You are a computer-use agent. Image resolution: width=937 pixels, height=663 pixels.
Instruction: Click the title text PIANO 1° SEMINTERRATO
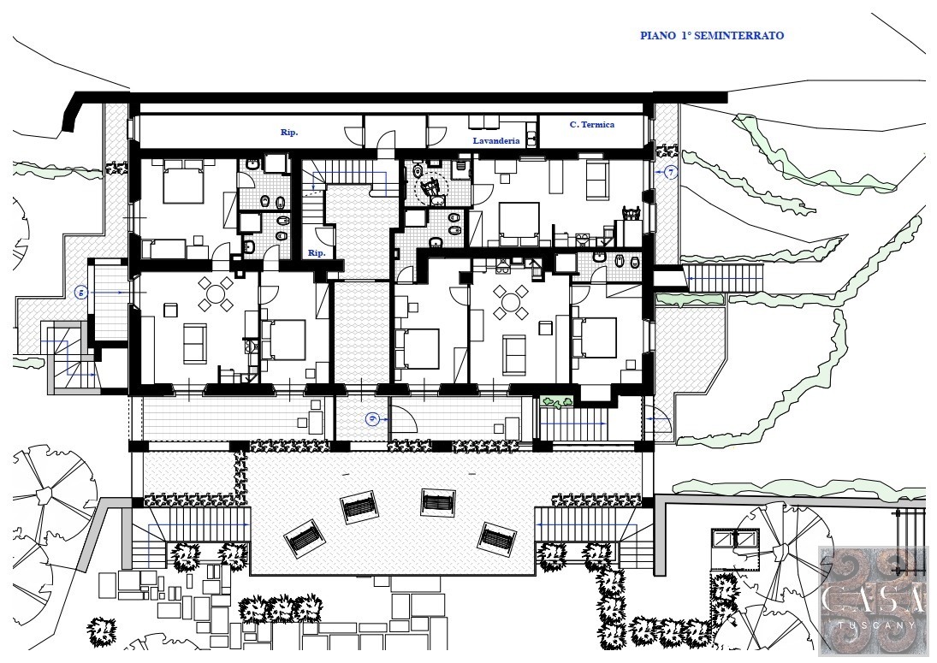(712, 35)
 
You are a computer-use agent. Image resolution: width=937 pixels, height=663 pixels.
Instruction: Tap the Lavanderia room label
(496, 141)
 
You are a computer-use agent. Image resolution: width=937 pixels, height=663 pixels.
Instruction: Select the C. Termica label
(591, 124)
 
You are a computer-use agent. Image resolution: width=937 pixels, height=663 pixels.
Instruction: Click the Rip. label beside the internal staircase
(317, 252)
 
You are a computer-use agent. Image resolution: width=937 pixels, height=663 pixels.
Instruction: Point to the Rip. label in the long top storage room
(289, 132)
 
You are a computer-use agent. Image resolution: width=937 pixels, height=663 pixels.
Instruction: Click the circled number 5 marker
(81, 293)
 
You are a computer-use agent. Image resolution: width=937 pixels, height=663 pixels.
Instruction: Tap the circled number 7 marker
(671, 173)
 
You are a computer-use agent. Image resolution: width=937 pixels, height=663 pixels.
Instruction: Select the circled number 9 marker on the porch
(371, 419)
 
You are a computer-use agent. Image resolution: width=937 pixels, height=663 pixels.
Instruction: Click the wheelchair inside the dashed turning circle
(431, 188)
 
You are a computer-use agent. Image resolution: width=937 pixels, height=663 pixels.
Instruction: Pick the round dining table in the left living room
(215, 293)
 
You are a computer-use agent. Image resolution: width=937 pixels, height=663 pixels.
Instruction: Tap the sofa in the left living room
(195, 343)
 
